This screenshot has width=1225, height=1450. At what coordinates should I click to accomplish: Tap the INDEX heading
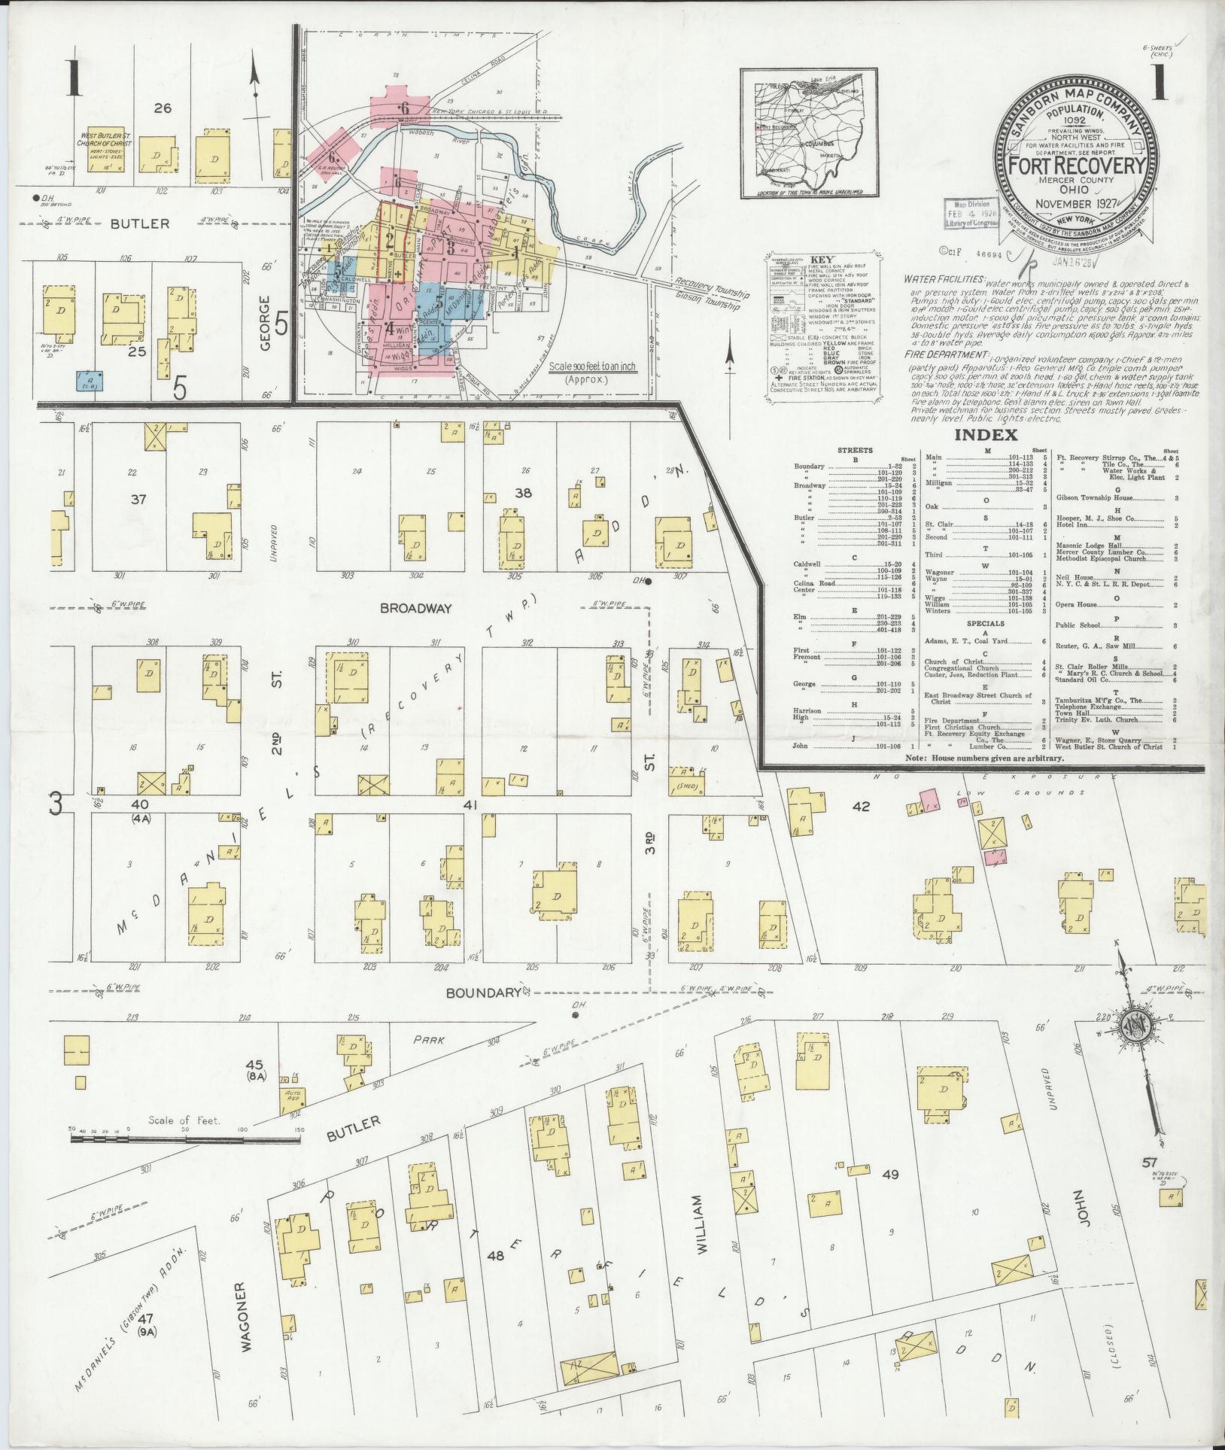coord(985,435)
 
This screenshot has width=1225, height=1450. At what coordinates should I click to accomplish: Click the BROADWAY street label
coord(415,607)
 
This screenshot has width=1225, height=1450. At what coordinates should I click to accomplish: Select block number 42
coord(861,806)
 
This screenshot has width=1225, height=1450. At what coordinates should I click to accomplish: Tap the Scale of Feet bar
coord(185,1161)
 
